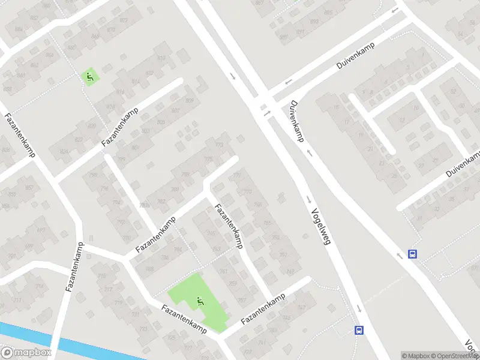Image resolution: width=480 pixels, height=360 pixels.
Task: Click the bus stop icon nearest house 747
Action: pyautogui.click(x=359, y=330)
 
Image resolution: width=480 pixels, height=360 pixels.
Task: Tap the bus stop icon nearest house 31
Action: pyautogui.click(x=413, y=254)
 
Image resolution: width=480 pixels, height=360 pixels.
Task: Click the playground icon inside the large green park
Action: pyautogui.click(x=200, y=301)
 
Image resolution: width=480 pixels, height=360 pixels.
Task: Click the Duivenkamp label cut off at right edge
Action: pyautogui.click(x=463, y=164)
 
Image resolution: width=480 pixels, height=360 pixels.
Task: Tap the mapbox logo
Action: pyautogui.click(x=26, y=353)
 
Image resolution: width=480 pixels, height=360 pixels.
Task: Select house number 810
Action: pyautogui.click(x=161, y=58)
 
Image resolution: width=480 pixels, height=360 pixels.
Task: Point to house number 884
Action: pyautogui.click(x=19, y=29)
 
